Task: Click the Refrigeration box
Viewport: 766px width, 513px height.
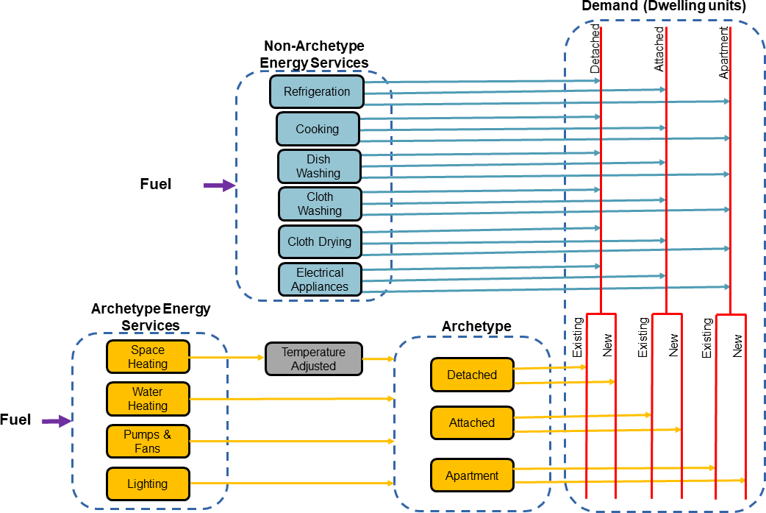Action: [317, 92]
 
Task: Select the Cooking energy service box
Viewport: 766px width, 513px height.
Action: [318, 129]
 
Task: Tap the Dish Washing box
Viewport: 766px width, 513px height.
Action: [319, 166]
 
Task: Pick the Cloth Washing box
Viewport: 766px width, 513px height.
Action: [320, 204]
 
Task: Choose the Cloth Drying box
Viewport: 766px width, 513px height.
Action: [320, 241]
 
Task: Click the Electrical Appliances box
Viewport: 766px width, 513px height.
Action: [320, 279]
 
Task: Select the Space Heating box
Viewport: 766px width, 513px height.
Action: [148, 357]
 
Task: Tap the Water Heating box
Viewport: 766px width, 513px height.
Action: [148, 399]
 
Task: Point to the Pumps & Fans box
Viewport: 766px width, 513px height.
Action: [148, 442]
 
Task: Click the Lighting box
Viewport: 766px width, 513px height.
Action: [148, 484]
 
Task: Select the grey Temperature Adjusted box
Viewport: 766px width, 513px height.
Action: [314, 359]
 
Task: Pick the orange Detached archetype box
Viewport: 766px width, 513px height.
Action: [472, 375]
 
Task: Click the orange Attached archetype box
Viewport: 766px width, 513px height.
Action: [472, 422]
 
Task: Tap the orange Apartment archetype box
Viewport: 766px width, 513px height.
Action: [472, 475]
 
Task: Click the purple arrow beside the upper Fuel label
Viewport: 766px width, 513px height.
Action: [219, 185]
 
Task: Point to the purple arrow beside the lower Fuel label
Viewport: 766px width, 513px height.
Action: [56, 421]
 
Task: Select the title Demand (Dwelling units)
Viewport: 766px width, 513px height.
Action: [664, 7]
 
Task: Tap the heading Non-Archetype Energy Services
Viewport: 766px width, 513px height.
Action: [314, 55]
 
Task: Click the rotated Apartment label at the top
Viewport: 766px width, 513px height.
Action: [724, 53]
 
